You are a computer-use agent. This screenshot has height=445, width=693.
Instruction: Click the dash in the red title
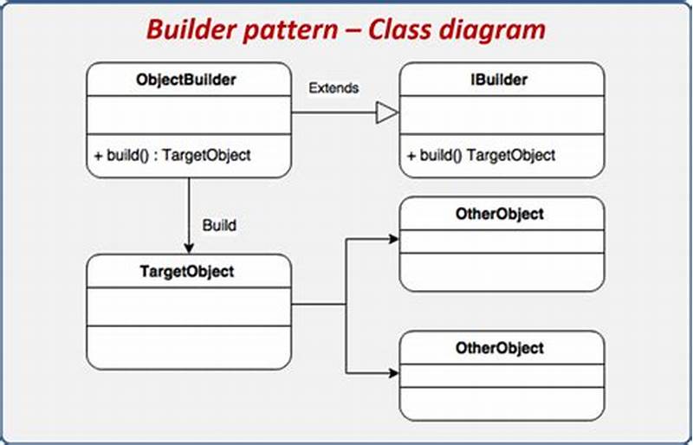352,31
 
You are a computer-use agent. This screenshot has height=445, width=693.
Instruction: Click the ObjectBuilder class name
186,81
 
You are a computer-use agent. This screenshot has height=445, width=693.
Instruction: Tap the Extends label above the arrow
334,88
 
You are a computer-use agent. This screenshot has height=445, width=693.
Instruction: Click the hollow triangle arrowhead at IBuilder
386,113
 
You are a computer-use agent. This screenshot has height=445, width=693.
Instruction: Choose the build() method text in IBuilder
481,156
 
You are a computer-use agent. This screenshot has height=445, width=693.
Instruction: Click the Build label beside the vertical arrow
219,225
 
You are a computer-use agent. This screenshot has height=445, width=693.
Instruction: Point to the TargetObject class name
186,271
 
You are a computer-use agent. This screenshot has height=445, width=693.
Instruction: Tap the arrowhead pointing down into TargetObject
187,248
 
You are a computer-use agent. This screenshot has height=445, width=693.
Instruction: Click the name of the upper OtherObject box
500,214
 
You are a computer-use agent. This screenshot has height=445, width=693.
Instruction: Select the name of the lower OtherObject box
500,348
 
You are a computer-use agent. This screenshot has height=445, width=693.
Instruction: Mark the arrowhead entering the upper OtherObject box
393,238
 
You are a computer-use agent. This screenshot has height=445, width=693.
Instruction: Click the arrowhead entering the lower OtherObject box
393,373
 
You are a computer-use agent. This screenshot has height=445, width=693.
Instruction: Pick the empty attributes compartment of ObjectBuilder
187,115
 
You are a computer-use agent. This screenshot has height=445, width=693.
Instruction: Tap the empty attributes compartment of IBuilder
502,115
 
